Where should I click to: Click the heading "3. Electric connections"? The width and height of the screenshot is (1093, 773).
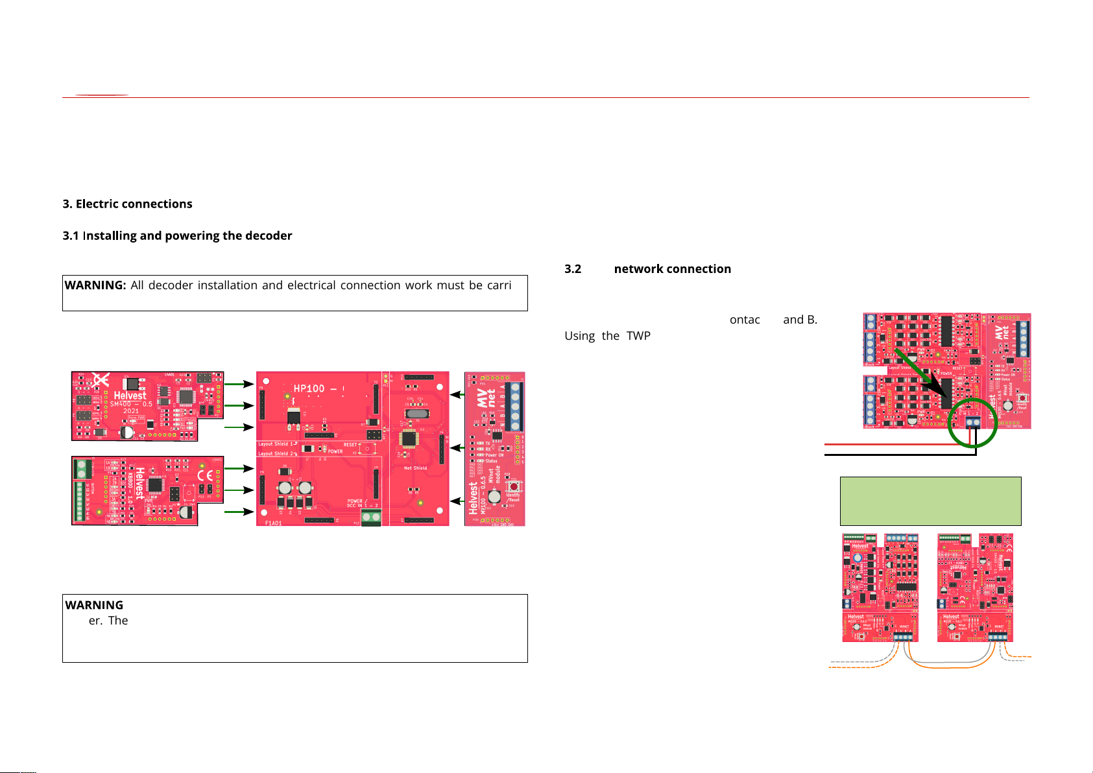coord(127,204)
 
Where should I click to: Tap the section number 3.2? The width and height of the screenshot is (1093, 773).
coord(573,269)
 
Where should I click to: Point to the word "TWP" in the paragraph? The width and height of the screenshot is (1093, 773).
coord(638,336)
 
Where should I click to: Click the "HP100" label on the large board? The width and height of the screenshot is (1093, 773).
coord(309,388)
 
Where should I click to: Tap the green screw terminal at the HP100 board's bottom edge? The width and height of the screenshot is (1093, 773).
coord(371,517)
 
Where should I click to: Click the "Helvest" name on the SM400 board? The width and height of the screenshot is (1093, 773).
coord(130,396)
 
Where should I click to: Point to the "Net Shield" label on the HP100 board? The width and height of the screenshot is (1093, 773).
coord(415,468)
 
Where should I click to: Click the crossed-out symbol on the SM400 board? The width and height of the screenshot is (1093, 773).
coord(100,380)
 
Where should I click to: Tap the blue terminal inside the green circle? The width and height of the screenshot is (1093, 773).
coord(972,422)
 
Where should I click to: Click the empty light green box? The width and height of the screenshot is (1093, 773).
coord(930,501)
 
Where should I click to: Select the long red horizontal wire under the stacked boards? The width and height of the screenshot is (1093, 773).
coord(895,445)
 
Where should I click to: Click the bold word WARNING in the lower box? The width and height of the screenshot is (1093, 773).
coord(94,605)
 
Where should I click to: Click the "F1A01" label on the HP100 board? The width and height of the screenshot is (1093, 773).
coord(273,523)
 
